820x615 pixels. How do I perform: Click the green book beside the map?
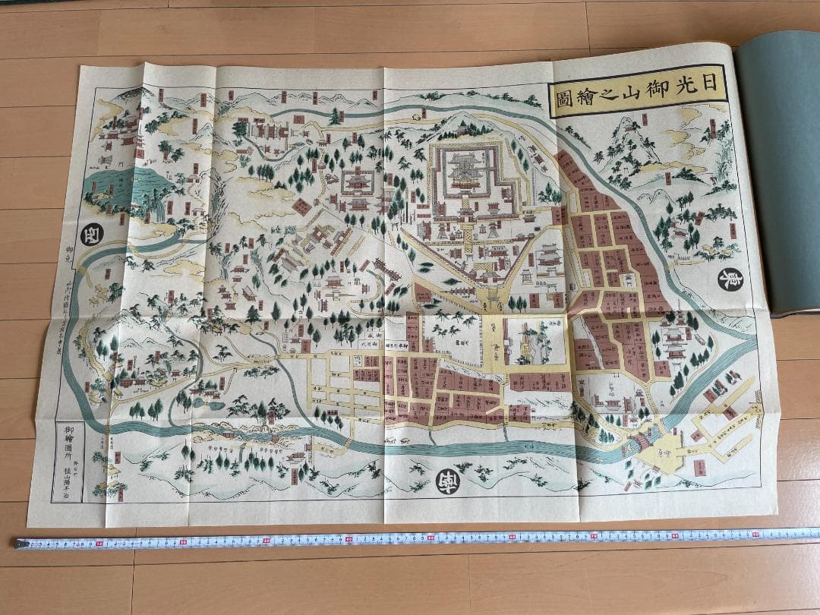tap(782, 175)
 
